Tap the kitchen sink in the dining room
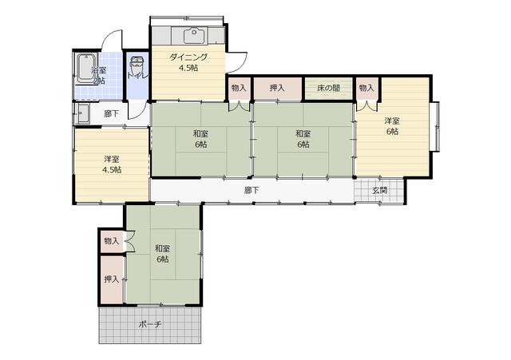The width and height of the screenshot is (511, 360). (195, 35)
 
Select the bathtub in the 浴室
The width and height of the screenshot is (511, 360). (86, 68)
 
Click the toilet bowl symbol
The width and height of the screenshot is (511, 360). (137, 66)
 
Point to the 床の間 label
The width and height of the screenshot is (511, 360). (328, 88)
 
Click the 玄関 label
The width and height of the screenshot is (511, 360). (380, 190)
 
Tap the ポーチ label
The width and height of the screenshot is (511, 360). (150, 325)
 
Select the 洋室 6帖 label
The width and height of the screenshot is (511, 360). (392, 126)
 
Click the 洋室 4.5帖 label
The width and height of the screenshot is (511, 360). (112, 164)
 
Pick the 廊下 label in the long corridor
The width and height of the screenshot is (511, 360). (252, 190)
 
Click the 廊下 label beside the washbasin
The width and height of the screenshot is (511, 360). (112, 113)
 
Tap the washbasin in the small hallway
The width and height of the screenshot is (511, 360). (83, 113)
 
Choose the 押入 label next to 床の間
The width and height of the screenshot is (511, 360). (277, 88)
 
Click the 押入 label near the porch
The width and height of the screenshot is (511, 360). (112, 279)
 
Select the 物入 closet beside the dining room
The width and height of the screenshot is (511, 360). (239, 88)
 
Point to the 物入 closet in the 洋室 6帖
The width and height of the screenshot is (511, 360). (366, 88)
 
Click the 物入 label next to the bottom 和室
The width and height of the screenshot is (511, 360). (112, 241)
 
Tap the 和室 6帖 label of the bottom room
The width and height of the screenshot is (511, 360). (162, 254)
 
